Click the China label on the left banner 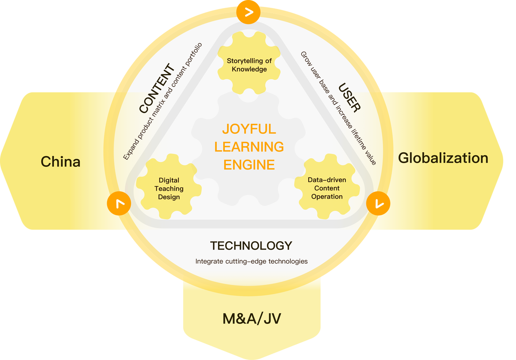click(61, 162)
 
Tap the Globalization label click(443, 158)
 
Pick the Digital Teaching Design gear click(169, 188)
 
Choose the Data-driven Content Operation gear click(326, 188)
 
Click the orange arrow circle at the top click(249, 12)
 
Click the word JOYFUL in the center click(249, 129)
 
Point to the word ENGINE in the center click(249, 165)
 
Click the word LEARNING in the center click(249, 147)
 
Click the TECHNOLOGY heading click(251, 246)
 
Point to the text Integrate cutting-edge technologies click(252, 261)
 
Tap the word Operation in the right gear click(327, 197)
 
